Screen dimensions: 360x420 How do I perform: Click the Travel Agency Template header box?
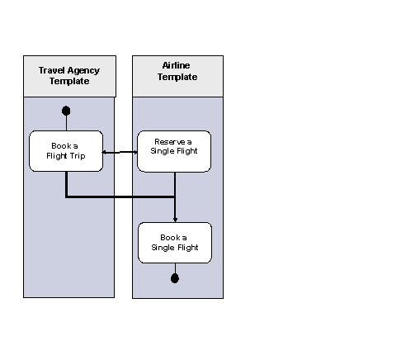coord(68,76)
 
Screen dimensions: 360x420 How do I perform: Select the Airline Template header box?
coord(177,76)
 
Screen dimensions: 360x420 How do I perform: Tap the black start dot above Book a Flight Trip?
coord(66,111)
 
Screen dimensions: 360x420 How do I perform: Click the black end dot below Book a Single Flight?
coord(175,278)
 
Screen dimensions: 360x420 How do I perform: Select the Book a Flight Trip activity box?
coord(66,151)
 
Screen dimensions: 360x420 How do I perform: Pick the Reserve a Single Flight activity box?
coord(174,151)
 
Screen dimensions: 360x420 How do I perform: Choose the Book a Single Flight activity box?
coord(174,243)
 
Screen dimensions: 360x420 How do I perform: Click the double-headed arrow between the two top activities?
coord(120,152)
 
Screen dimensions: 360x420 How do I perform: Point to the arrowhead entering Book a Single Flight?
coord(175,219)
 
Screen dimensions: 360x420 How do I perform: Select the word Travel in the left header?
coord(53,70)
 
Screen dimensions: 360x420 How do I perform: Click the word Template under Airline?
coord(177,77)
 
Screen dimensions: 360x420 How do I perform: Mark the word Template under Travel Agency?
coord(68,82)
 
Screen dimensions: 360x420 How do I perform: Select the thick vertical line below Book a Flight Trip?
coord(66,184)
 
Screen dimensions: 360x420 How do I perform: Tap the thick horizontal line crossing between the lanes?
coord(120,197)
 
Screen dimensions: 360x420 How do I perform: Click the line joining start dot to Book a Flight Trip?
coord(66,123)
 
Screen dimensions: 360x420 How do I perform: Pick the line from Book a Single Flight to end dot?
coord(175,268)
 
